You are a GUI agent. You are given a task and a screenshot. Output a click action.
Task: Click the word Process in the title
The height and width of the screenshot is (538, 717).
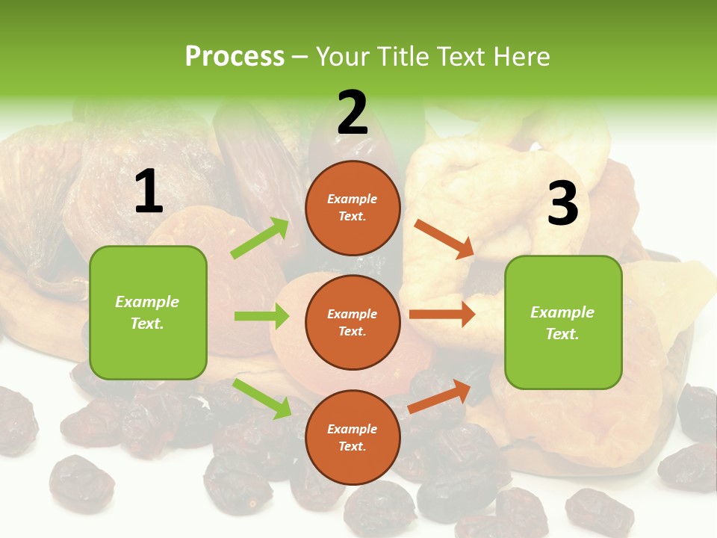point(235,57)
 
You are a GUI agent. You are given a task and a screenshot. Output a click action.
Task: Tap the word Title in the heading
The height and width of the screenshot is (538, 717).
point(402,57)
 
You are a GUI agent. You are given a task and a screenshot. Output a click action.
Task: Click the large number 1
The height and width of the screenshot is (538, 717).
point(149,192)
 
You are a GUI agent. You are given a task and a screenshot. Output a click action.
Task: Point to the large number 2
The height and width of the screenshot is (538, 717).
point(353,113)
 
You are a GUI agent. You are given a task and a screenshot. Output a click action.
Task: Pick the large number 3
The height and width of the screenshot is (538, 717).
point(562,204)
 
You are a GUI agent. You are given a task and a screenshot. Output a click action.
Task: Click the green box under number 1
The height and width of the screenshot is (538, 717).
point(148,312)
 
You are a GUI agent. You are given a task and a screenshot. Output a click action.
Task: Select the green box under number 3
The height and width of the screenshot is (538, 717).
point(563,322)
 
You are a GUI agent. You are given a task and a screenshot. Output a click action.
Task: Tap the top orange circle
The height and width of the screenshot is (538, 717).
point(353,208)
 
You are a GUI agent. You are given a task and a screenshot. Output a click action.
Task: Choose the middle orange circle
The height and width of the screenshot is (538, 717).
point(353,322)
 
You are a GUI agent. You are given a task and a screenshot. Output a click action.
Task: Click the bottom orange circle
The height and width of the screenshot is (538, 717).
point(353,437)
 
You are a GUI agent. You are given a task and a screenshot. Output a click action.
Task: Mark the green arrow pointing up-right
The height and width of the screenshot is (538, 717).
point(259,238)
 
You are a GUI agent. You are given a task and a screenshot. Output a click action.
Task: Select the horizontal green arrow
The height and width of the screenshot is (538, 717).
point(261,316)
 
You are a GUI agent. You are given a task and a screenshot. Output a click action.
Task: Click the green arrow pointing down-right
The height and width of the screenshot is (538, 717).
point(261,398)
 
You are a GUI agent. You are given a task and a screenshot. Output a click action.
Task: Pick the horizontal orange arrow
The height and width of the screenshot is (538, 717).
point(442,315)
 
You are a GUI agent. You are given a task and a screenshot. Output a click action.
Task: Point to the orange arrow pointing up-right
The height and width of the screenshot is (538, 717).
point(440,396)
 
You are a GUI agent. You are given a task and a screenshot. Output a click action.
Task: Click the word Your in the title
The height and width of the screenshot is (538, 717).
point(344,57)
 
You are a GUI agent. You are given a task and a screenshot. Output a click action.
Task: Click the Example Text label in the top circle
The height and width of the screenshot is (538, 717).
point(353,208)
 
